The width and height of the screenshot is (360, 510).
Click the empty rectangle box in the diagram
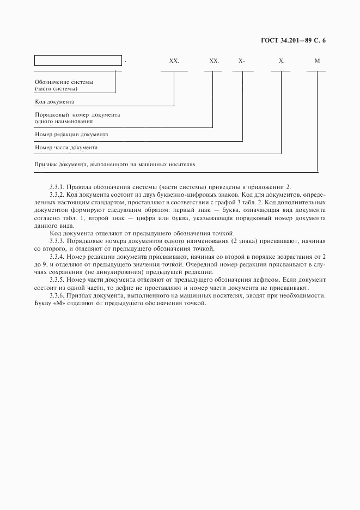click(x=78, y=60)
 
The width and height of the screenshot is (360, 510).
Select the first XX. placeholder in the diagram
click(x=174, y=61)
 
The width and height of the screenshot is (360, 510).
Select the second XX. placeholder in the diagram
click(x=214, y=61)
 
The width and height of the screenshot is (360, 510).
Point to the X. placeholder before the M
click(x=281, y=61)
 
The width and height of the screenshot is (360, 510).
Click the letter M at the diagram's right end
click(x=317, y=61)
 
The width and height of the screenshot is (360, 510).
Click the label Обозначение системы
click(x=64, y=82)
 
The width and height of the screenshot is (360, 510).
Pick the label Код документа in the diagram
click(x=54, y=101)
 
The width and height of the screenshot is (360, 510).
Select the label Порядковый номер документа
click(x=77, y=115)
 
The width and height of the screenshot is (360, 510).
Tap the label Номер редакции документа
click(x=71, y=134)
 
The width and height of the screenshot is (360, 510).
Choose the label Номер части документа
click(x=66, y=147)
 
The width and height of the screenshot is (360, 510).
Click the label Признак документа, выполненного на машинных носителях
click(x=114, y=163)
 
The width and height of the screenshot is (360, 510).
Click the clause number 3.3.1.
click(x=56, y=186)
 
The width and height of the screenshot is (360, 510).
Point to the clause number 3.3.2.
click(x=56, y=194)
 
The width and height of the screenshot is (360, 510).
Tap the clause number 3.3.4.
click(x=56, y=256)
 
